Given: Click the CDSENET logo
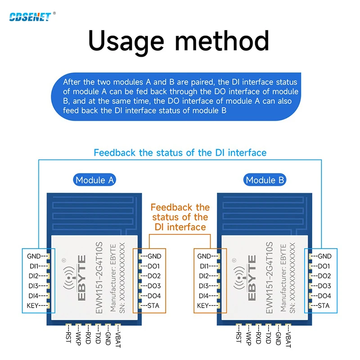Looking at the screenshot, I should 30,17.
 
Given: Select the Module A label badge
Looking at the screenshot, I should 94,180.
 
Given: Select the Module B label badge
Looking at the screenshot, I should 265,180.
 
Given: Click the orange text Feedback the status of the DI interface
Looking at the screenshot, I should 180,217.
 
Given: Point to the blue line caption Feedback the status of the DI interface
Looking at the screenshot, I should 180,153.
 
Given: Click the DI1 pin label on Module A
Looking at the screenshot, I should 33,266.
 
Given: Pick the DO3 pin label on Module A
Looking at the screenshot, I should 153,286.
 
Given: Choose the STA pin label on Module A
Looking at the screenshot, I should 153,306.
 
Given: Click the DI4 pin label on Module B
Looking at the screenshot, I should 203,296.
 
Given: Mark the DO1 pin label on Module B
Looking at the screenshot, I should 324,266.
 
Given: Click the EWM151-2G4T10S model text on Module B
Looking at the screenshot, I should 270,278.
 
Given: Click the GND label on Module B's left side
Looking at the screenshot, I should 205,256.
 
